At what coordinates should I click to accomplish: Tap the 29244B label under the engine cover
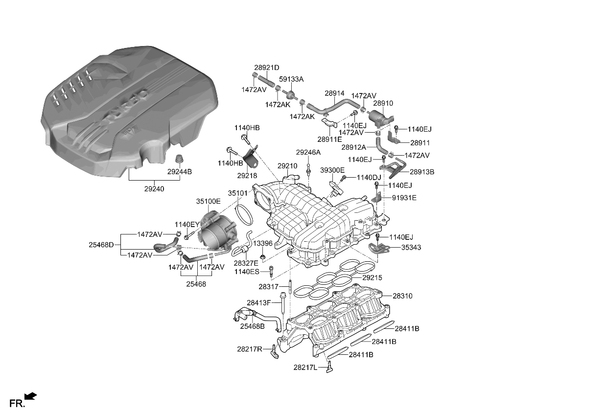(x=180, y=172)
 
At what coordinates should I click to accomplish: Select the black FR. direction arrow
(x=30, y=396)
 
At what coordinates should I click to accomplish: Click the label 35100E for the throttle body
(x=209, y=201)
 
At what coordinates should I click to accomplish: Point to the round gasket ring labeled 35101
(x=244, y=213)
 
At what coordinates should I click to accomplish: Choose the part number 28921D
(x=266, y=68)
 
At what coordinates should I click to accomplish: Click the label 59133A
(x=291, y=79)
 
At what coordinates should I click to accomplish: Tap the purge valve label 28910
(x=383, y=104)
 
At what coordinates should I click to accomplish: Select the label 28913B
(x=422, y=172)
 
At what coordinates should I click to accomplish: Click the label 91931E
(x=404, y=198)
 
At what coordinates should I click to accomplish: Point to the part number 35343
(x=411, y=248)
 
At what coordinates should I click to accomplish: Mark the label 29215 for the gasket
(x=372, y=277)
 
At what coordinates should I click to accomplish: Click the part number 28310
(x=402, y=296)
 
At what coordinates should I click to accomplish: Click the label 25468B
(x=252, y=326)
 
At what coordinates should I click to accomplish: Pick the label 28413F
(x=259, y=302)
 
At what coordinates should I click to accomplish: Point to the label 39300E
(x=332, y=170)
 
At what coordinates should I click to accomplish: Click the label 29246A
(x=308, y=153)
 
